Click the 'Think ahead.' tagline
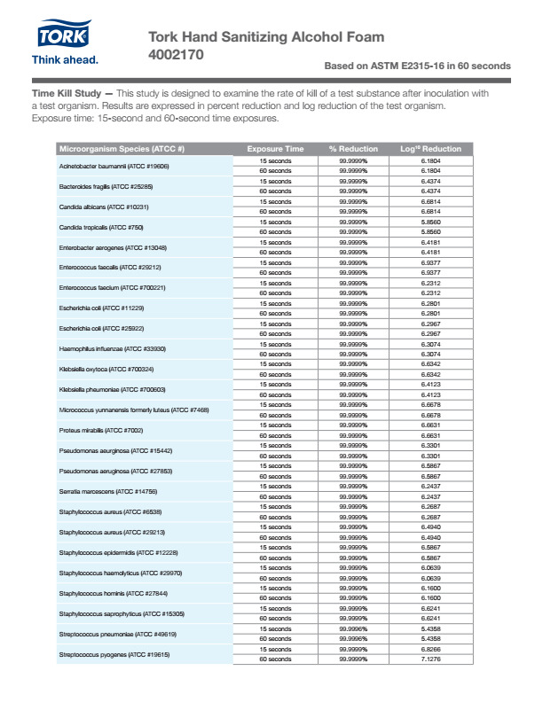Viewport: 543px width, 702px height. pyautogui.click(x=65, y=60)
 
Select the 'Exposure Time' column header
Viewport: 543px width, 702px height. pyautogui.click(x=275, y=149)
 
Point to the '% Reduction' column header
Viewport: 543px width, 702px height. pyautogui.click(x=353, y=149)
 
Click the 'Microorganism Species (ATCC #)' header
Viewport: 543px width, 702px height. pyautogui.click(x=122, y=149)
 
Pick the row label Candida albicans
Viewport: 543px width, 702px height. pyautogui.click(x=104, y=207)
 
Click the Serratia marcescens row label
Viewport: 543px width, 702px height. pyautogui.click(x=108, y=491)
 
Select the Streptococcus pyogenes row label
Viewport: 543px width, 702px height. pyautogui.click(x=114, y=654)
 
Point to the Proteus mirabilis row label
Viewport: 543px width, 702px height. pyautogui.click(x=101, y=431)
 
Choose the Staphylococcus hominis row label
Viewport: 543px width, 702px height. pyautogui.click(x=112, y=593)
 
